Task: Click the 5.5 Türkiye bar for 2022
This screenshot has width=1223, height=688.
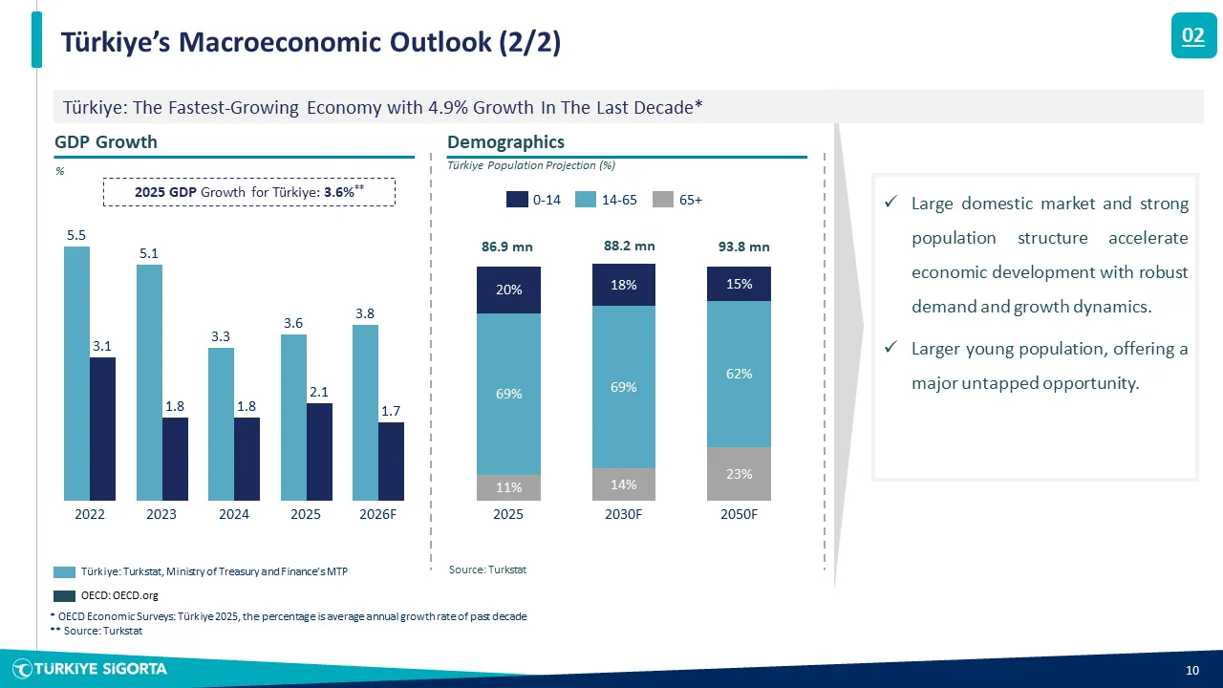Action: click(x=77, y=374)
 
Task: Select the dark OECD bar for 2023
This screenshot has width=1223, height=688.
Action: click(x=175, y=460)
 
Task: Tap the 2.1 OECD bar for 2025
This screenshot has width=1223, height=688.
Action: click(x=319, y=452)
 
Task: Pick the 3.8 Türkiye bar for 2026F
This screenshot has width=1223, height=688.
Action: click(x=365, y=413)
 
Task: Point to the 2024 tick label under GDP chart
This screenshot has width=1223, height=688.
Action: click(x=234, y=514)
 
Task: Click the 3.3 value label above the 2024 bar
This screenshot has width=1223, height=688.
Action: click(x=221, y=336)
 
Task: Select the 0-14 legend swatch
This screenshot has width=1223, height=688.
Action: click(x=517, y=200)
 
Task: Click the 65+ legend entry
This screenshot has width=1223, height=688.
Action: click(x=677, y=200)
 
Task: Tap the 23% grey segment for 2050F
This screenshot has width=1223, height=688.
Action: click(x=739, y=474)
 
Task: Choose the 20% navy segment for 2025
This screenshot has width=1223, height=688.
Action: click(x=508, y=290)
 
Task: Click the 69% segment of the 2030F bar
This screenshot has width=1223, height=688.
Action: click(x=624, y=387)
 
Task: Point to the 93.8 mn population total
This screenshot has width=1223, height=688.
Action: click(x=743, y=247)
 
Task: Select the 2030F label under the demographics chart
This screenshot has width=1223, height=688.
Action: click(x=624, y=514)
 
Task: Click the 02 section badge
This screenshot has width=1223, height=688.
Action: click(x=1193, y=35)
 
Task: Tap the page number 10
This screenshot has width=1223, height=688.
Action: click(x=1192, y=670)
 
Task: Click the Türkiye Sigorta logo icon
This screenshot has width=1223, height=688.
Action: click(x=23, y=669)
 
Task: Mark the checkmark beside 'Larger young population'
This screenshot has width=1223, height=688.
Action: click(x=891, y=347)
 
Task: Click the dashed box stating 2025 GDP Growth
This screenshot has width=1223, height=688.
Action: click(x=249, y=192)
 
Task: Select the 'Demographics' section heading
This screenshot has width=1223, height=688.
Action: click(x=505, y=142)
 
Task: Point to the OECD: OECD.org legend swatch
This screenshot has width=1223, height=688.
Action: click(x=64, y=595)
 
